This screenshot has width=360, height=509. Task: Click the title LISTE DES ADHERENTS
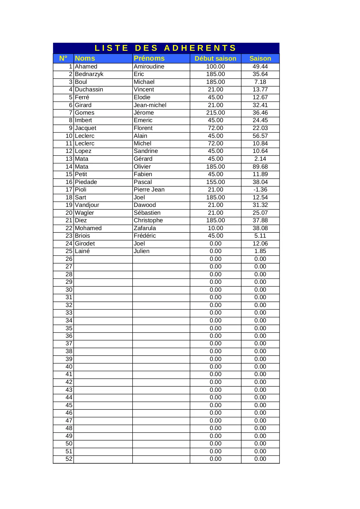pyautogui.click(x=165, y=48)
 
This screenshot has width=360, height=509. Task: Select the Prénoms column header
pyautogui.click(x=149, y=58)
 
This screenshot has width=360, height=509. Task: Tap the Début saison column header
pyautogui.click(x=215, y=58)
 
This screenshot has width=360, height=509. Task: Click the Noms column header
pyautogui.click(x=85, y=58)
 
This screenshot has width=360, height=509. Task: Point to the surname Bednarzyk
pyautogui.click(x=89, y=74)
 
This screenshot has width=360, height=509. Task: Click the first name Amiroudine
pyautogui.click(x=149, y=66)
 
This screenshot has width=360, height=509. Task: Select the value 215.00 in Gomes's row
pyautogui.click(x=215, y=113)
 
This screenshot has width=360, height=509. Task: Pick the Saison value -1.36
pyautogui.click(x=260, y=189)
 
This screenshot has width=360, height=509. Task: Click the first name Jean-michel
pyautogui.click(x=150, y=105)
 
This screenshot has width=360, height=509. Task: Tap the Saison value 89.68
pyautogui.click(x=260, y=167)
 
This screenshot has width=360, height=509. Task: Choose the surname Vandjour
pyautogui.click(x=87, y=205)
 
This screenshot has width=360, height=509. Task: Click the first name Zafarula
pyautogui.click(x=145, y=228)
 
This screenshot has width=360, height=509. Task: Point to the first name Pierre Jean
pyautogui.click(x=149, y=189)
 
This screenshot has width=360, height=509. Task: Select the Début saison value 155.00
pyautogui.click(x=215, y=182)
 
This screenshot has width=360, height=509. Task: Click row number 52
pyautogui.click(x=69, y=459)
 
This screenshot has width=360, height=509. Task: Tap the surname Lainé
pyautogui.click(x=82, y=251)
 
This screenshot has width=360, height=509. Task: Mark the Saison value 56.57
pyautogui.click(x=260, y=136)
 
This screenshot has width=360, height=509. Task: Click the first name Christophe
pyautogui.click(x=148, y=220)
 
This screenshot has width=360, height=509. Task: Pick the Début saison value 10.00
pyautogui.click(x=215, y=228)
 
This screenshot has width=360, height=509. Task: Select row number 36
pyautogui.click(x=69, y=336)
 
